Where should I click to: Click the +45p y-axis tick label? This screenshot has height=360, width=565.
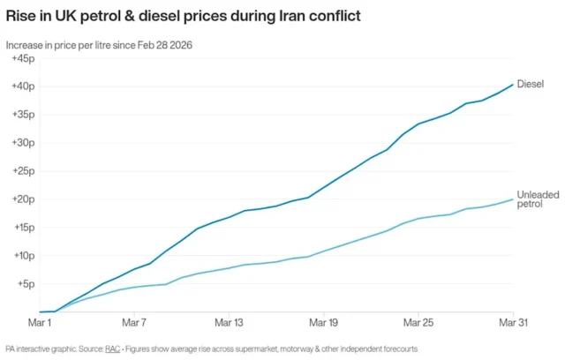(23, 58)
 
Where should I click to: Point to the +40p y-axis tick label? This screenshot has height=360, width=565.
(23, 86)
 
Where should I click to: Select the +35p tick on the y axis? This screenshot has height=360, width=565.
(23, 115)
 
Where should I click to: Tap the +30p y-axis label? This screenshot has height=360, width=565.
(23, 143)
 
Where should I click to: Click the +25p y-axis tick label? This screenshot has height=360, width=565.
(23, 171)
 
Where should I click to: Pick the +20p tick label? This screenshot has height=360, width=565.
(23, 199)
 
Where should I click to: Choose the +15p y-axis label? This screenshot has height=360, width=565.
(23, 228)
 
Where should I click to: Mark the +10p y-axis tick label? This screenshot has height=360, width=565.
(23, 256)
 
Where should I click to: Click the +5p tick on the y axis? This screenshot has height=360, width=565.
(25, 284)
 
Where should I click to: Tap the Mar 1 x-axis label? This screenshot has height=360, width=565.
(38, 324)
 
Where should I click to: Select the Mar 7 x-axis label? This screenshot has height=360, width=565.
(133, 324)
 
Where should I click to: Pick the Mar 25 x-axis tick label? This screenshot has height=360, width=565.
(417, 324)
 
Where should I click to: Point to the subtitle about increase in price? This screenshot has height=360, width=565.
(100, 44)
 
